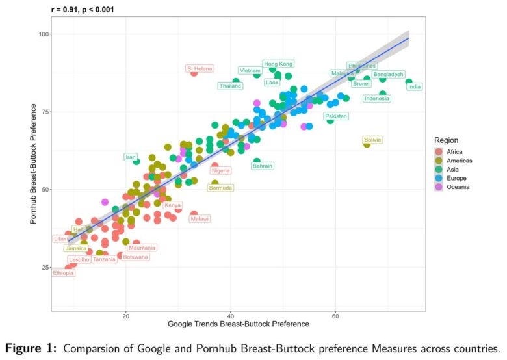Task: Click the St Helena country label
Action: (x=200, y=68)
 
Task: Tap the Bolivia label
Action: (x=372, y=140)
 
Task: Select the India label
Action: (x=415, y=86)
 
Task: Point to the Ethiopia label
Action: (x=64, y=273)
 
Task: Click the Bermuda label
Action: (x=220, y=188)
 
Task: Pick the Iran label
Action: (x=131, y=157)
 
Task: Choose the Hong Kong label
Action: (x=278, y=64)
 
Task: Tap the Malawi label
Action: (x=200, y=219)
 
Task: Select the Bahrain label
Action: (x=262, y=166)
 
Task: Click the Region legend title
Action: (x=447, y=140)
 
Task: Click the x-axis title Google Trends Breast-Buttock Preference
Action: (x=239, y=324)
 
